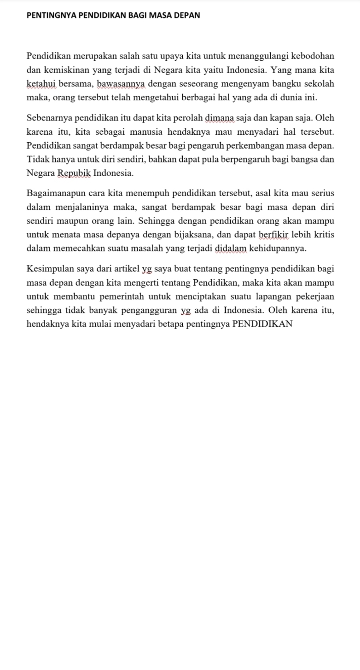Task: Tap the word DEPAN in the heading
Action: (187, 15)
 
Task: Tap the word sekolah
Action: (318, 84)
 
